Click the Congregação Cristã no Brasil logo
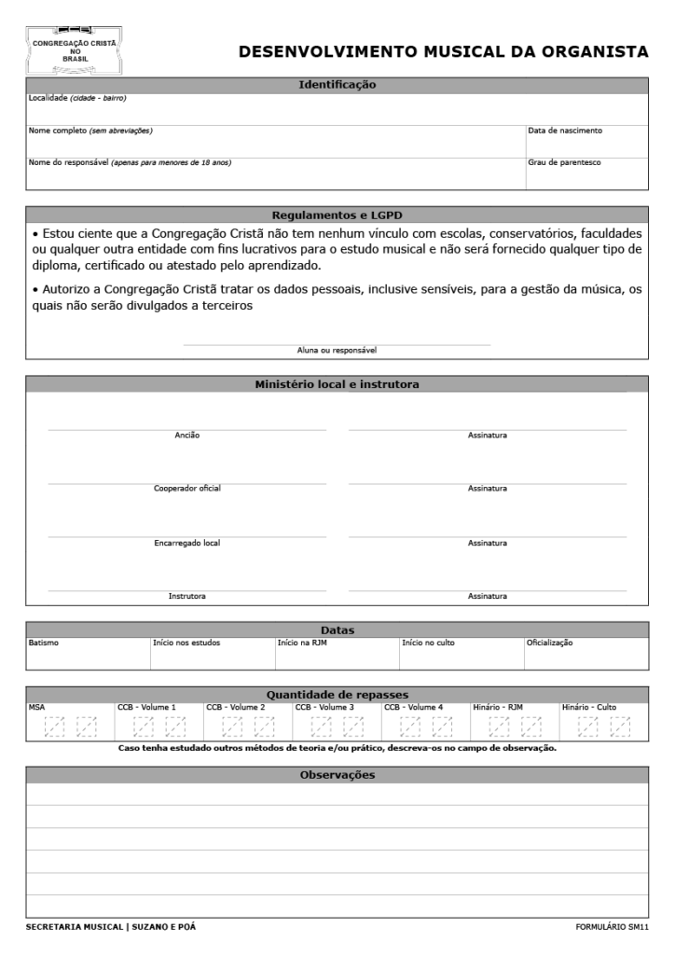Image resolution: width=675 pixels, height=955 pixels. [74, 50]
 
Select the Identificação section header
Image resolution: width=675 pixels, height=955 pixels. [337, 85]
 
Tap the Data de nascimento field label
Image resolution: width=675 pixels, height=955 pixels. [565, 131]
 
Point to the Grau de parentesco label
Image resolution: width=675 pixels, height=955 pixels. [564, 162]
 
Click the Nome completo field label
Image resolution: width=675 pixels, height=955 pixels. [90, 131]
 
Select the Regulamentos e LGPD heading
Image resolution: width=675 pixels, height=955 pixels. [337, 214]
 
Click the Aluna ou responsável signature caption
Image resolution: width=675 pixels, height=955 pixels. [337, 351]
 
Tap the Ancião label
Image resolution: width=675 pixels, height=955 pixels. [187, 436]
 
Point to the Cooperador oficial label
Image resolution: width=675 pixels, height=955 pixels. [187, 489]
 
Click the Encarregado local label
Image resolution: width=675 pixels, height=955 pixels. [187, 543]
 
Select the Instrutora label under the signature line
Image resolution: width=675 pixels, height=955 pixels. [187, 596]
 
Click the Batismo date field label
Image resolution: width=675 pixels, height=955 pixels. [44, 643]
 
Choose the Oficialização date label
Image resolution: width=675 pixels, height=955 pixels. [549, 643]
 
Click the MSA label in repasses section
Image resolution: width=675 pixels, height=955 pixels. [36, 707]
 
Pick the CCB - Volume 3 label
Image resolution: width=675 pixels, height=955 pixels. [324, 707]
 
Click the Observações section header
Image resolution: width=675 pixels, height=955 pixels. [337, 775]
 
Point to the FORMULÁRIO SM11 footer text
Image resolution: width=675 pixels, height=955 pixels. [613, 927]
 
